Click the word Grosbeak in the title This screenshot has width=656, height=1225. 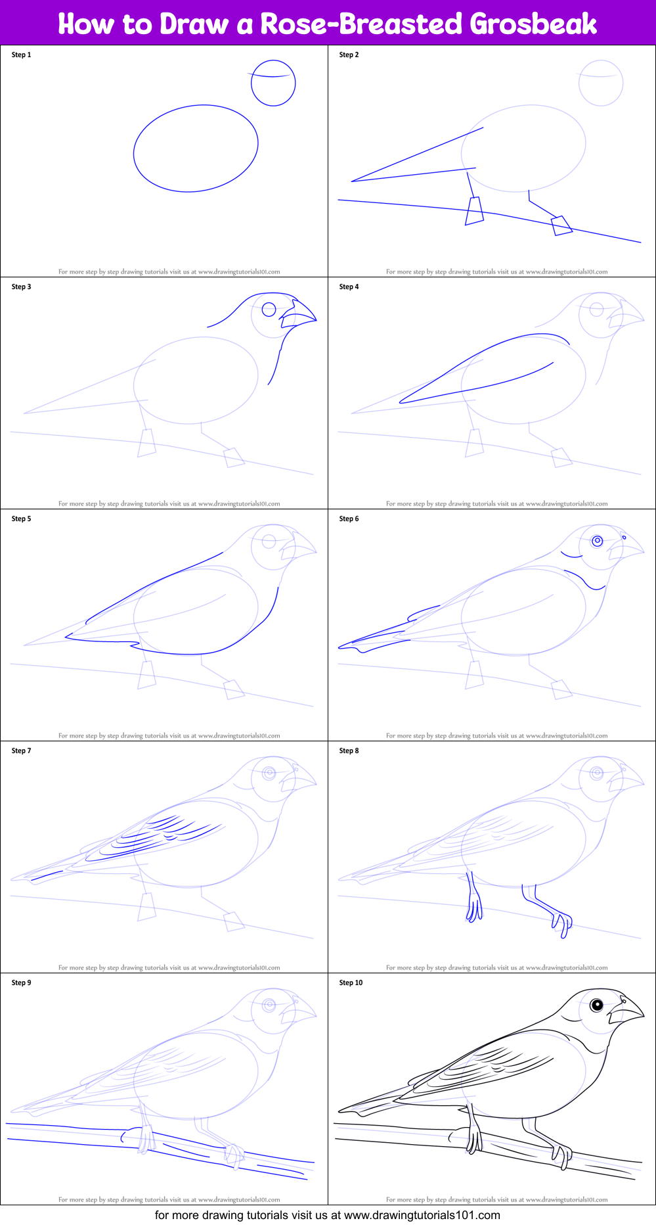tap(533, 24)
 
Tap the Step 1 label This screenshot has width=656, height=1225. tap(21, 55)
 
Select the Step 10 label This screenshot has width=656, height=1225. tap(351, 982)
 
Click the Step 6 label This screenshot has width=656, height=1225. tap(349, 519)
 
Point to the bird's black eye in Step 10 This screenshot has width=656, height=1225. tap(596, 1005)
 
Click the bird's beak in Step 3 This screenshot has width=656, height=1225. tap(299, 313)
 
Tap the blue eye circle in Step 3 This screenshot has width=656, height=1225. tap(269, 309)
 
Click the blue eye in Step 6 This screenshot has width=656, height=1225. tap(597, 541)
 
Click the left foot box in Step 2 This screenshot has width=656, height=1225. tap(474, 211)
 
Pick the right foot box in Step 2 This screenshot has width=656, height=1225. tap(561, 225)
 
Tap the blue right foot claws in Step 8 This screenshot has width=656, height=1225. tap(562, 923)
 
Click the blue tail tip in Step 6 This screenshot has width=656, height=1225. tap(341, 647)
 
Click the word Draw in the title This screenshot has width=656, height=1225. tap(194, 24)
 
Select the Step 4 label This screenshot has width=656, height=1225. tap(349, 287)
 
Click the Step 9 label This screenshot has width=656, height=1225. tap(21, 982)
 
